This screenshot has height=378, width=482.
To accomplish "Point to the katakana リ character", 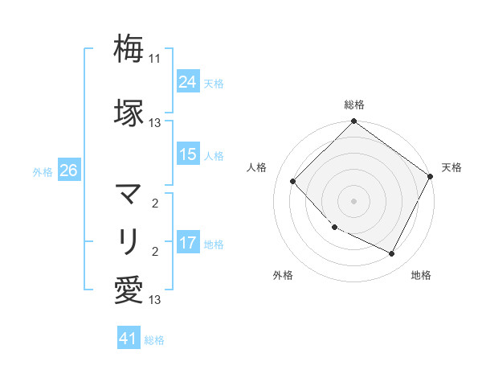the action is [129, 240].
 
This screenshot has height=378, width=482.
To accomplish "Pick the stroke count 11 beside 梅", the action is [155, 59].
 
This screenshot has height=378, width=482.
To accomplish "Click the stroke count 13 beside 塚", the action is [155, 123].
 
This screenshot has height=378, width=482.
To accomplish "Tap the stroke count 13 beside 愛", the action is [155, 300].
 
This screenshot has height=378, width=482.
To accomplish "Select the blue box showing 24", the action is [188, 82].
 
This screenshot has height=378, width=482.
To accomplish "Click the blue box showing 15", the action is [188, 154].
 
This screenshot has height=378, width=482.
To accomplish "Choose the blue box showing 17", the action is [188, 243].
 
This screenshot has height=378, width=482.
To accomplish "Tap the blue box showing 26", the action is [68, 171].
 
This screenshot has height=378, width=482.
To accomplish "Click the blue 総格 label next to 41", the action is [154, 340].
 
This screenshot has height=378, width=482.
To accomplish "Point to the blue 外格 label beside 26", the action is [43, 171].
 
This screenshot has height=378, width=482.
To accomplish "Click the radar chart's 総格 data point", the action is [353, 122].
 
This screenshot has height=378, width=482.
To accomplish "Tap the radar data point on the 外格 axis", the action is [335, 228].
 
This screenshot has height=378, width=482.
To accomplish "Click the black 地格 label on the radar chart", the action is [421, 275].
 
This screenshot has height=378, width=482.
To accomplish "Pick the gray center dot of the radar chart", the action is [353, 201].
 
